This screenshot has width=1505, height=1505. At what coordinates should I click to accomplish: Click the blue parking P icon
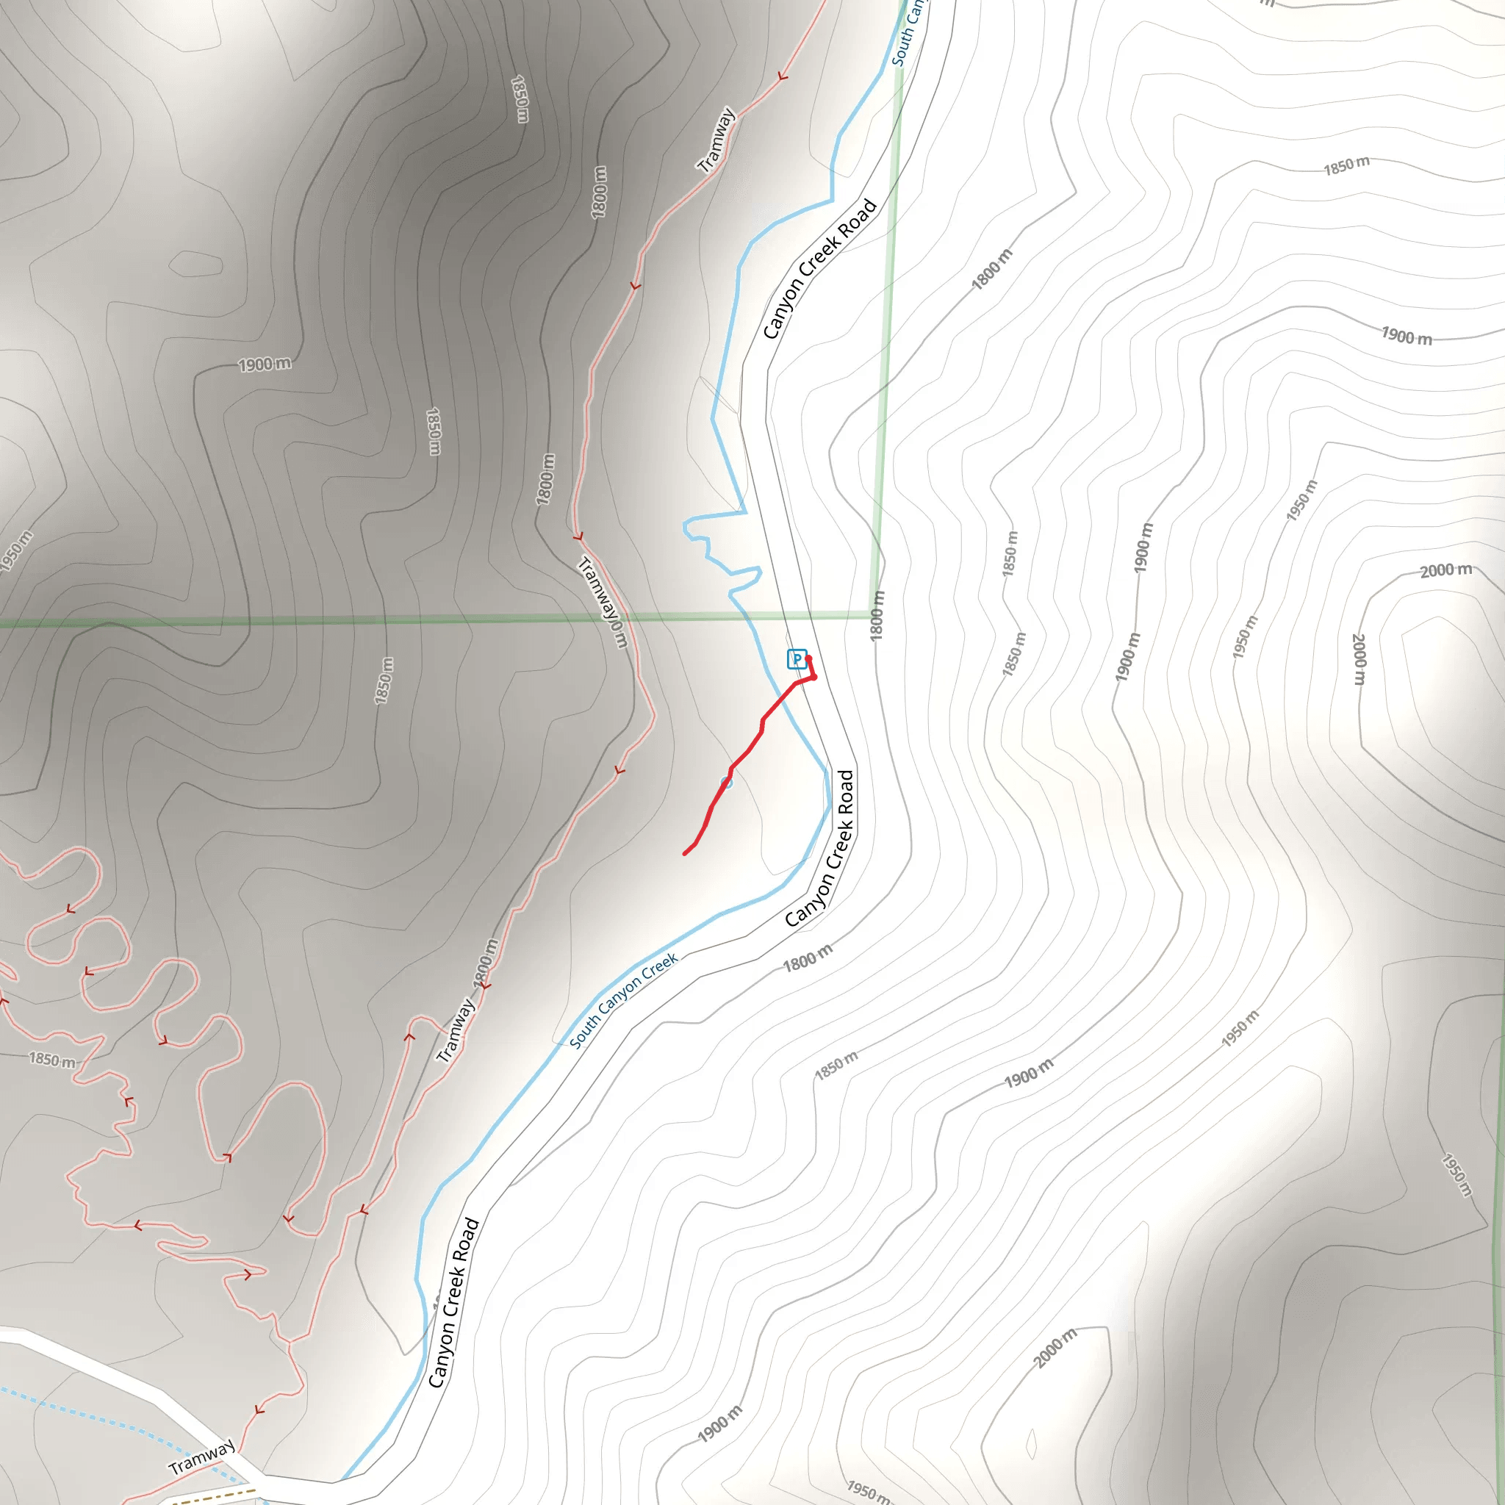click(796, 659)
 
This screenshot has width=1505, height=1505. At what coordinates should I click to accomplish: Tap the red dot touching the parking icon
click(808, 659)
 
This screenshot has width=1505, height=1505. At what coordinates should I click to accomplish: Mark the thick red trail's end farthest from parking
click(685, 854)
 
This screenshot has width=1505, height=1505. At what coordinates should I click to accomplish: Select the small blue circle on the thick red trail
click(726, 782)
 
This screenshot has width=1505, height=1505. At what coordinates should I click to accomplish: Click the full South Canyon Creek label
click(623, 1000)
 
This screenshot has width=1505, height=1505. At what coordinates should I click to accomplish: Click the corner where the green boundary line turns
click(871, 614)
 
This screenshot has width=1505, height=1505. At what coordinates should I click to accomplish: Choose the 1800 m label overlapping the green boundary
click(877, 615)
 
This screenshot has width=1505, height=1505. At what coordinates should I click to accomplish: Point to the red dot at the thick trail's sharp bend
click(813, 677)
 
